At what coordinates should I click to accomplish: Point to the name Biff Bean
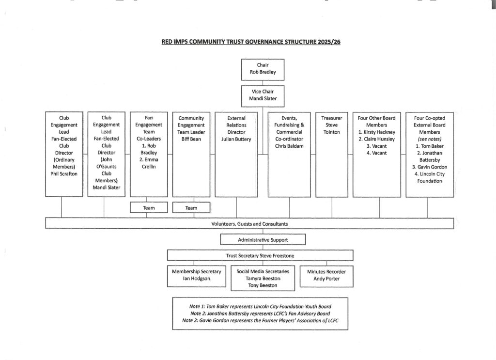[x=191, y=139]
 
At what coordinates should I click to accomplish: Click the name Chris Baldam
[x=289, y=146]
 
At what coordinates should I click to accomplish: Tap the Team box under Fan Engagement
[x=149, y=208]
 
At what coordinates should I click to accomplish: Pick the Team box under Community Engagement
[x=191, y=208]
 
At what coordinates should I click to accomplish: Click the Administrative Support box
[x=263, y=240]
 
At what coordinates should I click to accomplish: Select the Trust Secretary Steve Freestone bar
[x=260, y=255]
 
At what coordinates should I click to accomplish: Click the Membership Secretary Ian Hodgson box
[x=197, y=275]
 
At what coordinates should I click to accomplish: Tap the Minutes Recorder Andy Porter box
[x=326, y=275]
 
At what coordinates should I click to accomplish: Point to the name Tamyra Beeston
[x=263, y=279]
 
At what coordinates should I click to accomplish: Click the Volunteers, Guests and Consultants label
[x=249, y=224]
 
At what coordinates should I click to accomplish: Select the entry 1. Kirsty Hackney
[x=379, y=132]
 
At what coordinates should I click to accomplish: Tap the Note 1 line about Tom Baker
[x=260, y=307]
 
